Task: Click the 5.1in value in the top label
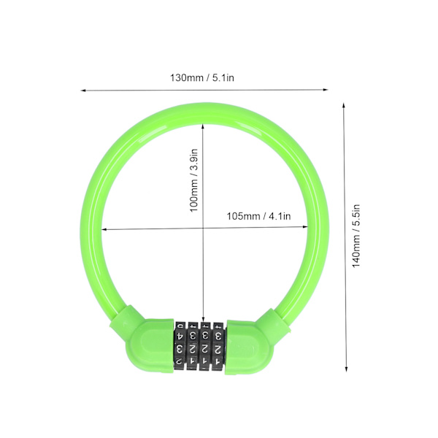[x=223, y=77]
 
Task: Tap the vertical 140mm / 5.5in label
[x=356, y=236]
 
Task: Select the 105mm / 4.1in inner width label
[x=258, y=216]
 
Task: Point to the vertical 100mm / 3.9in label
[x=194, y=180]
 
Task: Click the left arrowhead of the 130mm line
[x=83, y=91]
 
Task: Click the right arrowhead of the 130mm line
[x=326, y=90]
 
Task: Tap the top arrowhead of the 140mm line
[x=344, y=105]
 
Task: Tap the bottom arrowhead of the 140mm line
[x=346, y=369]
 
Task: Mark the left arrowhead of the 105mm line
[x=104, y=230]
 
